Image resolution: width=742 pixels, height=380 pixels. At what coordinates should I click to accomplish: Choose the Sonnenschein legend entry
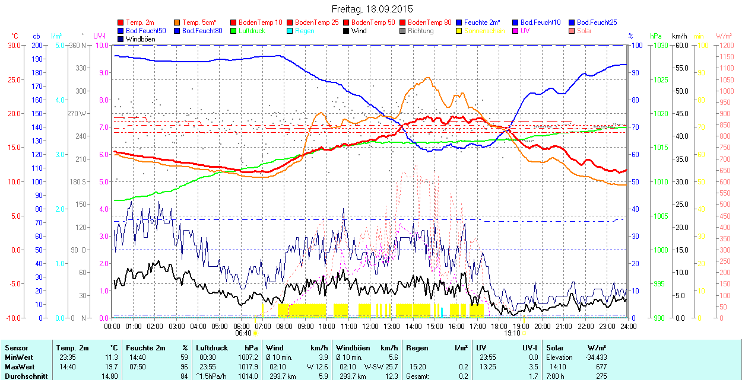coord(484,31)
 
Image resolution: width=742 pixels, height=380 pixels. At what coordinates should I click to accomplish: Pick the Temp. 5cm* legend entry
coord(199,23)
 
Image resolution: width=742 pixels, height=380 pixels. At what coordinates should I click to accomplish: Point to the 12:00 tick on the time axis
coord(370,326)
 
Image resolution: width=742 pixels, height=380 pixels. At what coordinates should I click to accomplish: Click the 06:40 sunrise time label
coord(243,333)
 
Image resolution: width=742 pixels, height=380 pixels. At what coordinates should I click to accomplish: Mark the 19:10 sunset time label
coord(512,333)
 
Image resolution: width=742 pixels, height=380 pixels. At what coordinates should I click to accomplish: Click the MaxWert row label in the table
coord(19,366)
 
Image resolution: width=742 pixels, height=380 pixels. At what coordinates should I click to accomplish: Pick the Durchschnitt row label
coord(23,375)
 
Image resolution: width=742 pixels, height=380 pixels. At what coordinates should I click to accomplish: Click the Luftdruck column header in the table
coord(212,348)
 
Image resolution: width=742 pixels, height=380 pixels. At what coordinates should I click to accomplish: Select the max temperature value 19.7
coord(112,366)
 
